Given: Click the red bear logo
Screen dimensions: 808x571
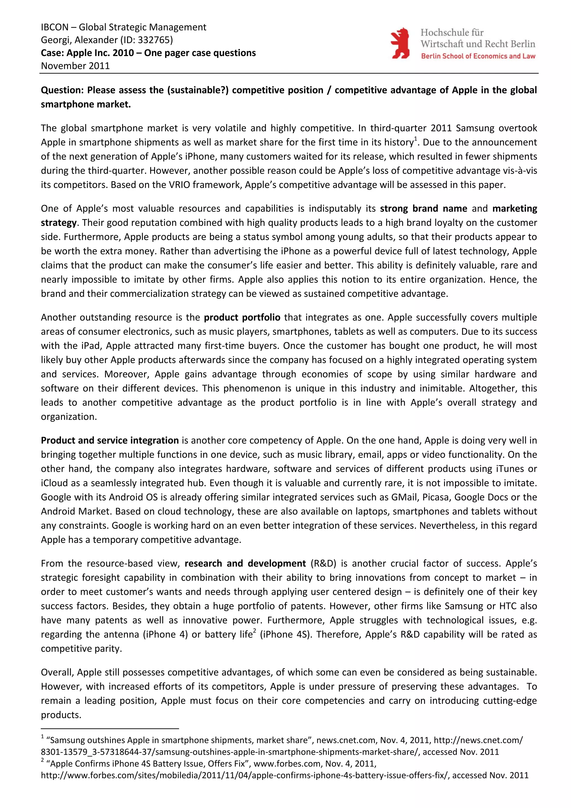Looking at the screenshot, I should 400,43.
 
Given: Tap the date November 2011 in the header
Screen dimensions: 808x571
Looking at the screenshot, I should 75,66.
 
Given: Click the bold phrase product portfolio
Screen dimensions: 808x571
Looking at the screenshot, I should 242,318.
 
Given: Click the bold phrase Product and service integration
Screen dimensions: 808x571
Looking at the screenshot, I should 110,440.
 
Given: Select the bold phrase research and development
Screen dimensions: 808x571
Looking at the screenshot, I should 245,563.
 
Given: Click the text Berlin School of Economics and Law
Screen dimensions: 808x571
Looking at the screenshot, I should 478,56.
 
